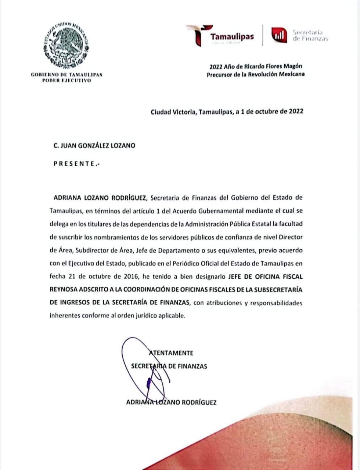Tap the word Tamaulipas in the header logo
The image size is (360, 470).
232,37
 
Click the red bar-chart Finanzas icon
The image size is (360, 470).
279,35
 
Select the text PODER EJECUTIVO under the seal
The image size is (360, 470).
66,80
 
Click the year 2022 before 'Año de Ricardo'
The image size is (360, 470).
216,66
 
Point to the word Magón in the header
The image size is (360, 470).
294,66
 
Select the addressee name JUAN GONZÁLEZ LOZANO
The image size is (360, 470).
97,145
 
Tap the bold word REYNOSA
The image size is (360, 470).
64,289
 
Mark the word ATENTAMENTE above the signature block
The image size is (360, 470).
172,353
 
